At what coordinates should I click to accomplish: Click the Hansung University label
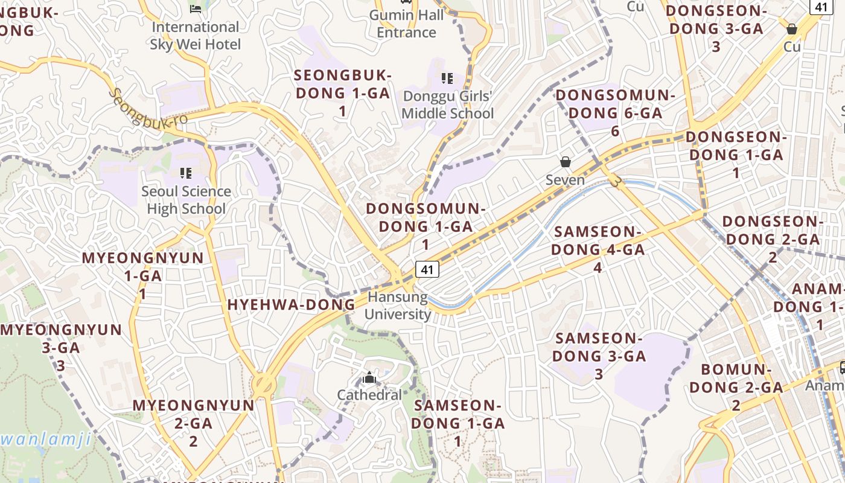(x=398, y=305)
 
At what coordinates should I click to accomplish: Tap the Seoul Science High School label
(x=186, y=200)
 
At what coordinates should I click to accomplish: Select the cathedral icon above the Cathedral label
(x=369, y=378)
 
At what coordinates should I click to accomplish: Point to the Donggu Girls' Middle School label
(x=447, y=104)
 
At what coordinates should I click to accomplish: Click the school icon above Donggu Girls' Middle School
(x=447, y=78)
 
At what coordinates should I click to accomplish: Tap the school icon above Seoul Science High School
(x=186, y=173)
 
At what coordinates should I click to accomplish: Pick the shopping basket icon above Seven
(x=566, y=162)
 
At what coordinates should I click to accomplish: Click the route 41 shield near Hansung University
(x=427, y=269)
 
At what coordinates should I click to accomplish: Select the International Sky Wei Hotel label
(x=195, y=36)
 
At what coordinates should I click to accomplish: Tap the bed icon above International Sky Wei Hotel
(x=196, y=8)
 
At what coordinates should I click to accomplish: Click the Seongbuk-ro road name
(x=148, y=108)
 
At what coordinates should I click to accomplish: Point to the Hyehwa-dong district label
(x=291, y=305)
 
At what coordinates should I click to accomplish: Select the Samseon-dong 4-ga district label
(x=598, y=249)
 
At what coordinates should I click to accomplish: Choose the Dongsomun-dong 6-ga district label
(x=615, y=112)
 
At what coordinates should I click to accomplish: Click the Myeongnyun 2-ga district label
(x=193, y=423)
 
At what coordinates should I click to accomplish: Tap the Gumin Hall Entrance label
(x=406, y=24)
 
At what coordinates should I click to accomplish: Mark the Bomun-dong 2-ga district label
(x=736, y=386)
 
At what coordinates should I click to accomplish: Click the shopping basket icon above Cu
(x=792, y=29)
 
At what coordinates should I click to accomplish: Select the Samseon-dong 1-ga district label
(x=458, y=423)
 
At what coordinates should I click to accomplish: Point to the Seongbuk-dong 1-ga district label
(x=343, y=93)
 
